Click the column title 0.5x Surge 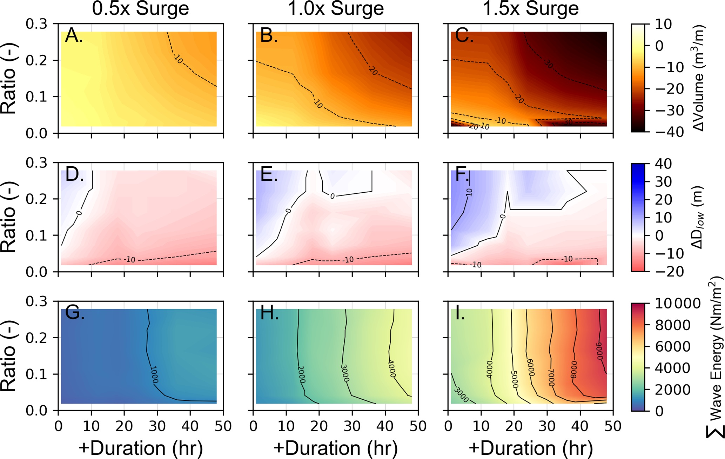click(140, 8)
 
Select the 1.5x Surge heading click(530, 8)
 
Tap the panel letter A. click(74, 36)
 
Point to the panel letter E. click(269, 174)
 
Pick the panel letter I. click(460, 313)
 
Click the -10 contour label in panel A click(178, 60)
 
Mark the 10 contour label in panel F click(469, 192)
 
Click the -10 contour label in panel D click(130, 260)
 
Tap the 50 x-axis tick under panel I click(613, 426)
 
